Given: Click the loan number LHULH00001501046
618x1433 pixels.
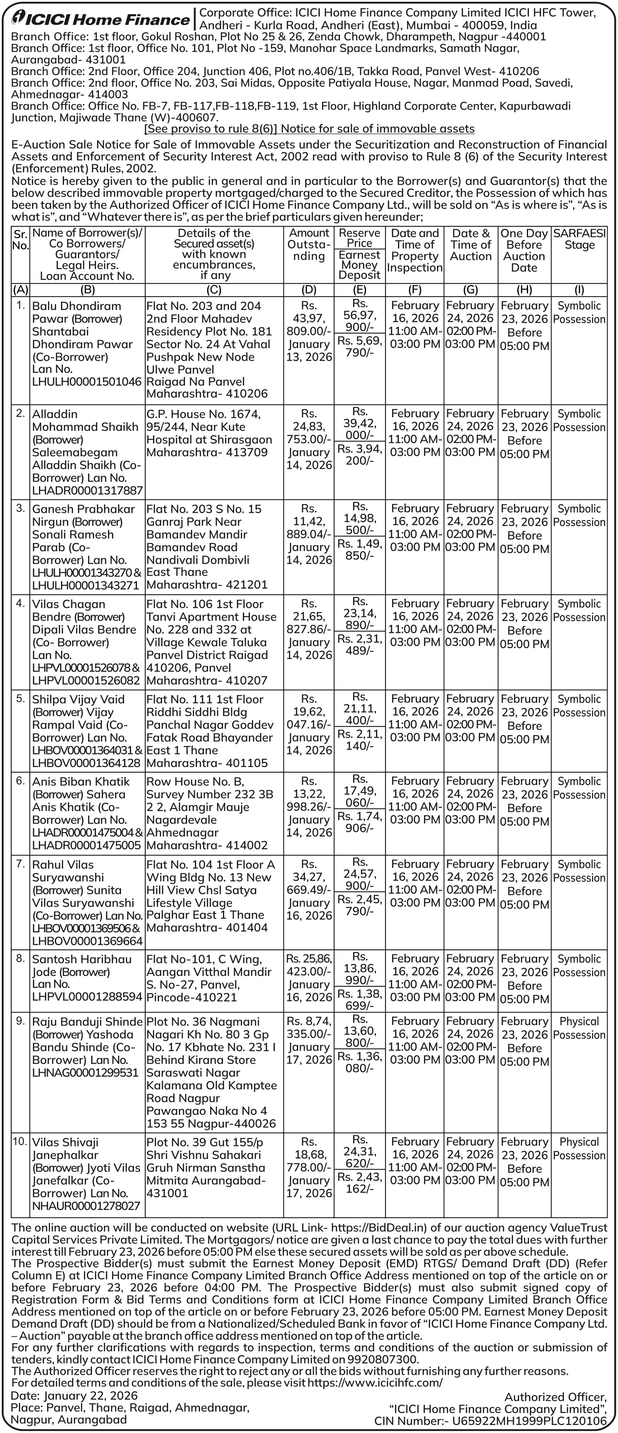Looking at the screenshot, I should click(87, 382).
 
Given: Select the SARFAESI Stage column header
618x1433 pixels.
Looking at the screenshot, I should click(579, 239).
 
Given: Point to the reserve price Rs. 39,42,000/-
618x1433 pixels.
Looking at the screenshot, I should click(360, 423).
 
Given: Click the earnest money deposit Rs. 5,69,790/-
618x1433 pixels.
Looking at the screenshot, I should click(360, 346).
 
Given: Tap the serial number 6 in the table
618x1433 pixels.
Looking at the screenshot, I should click(21, 781).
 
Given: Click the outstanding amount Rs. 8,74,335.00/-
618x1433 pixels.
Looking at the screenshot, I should click(309, 1027).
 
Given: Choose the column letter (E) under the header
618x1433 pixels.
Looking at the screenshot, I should click(360, 289).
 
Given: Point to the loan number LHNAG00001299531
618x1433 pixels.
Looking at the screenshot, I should click(85, 1073).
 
